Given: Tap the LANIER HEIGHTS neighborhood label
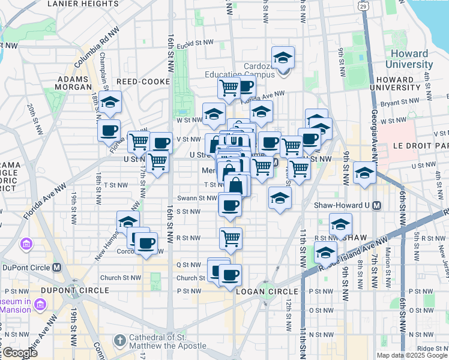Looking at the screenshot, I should (x=83, y=4).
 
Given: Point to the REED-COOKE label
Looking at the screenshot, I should (x=141, y=80).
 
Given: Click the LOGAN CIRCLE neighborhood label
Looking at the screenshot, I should (x=259, y=291).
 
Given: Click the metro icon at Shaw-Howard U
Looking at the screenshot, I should (x=376, y=205).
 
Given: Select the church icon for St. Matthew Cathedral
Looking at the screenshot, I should (x=119, y=340).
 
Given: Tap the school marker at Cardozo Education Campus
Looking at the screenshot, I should (x=283, y=58).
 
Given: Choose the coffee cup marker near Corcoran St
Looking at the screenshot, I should (x=146, y=244).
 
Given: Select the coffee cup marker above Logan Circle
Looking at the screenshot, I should (x=230, y=275).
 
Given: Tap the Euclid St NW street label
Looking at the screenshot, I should (x=200, y=43).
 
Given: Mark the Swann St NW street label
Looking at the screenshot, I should (x=197, y=198).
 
